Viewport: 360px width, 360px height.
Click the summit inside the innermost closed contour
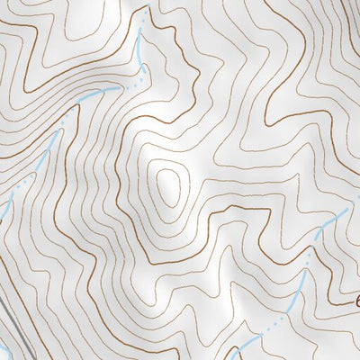pyautogui.click(x=167, y=185)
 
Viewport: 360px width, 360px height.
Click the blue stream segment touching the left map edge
pyautogui.click(x=4, y=212)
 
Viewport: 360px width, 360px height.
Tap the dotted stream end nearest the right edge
pyautogui.click(x=346, y=209)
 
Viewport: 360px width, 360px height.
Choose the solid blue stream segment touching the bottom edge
pyautogui.click(x=238, y=353)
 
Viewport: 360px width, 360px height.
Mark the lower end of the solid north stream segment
pyautogui.click(x=144, y=67)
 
